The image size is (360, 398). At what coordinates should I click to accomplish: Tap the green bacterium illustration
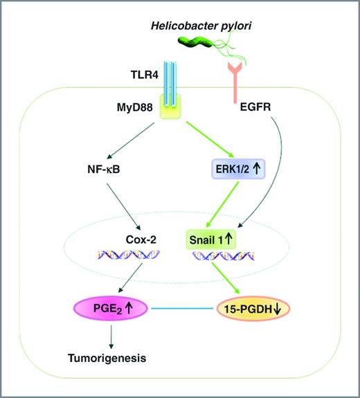pos(193,44)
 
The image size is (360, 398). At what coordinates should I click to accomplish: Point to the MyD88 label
pos(121,108)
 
